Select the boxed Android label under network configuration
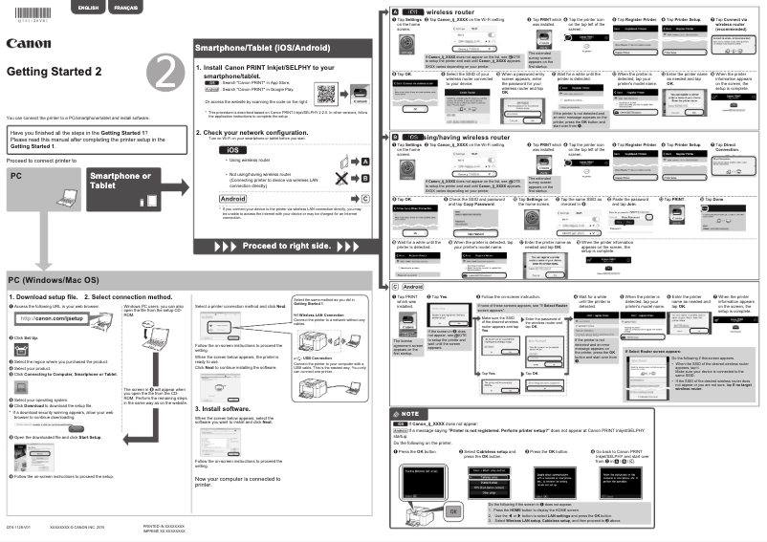pos(234,198)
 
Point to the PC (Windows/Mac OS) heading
pos(54,279)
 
